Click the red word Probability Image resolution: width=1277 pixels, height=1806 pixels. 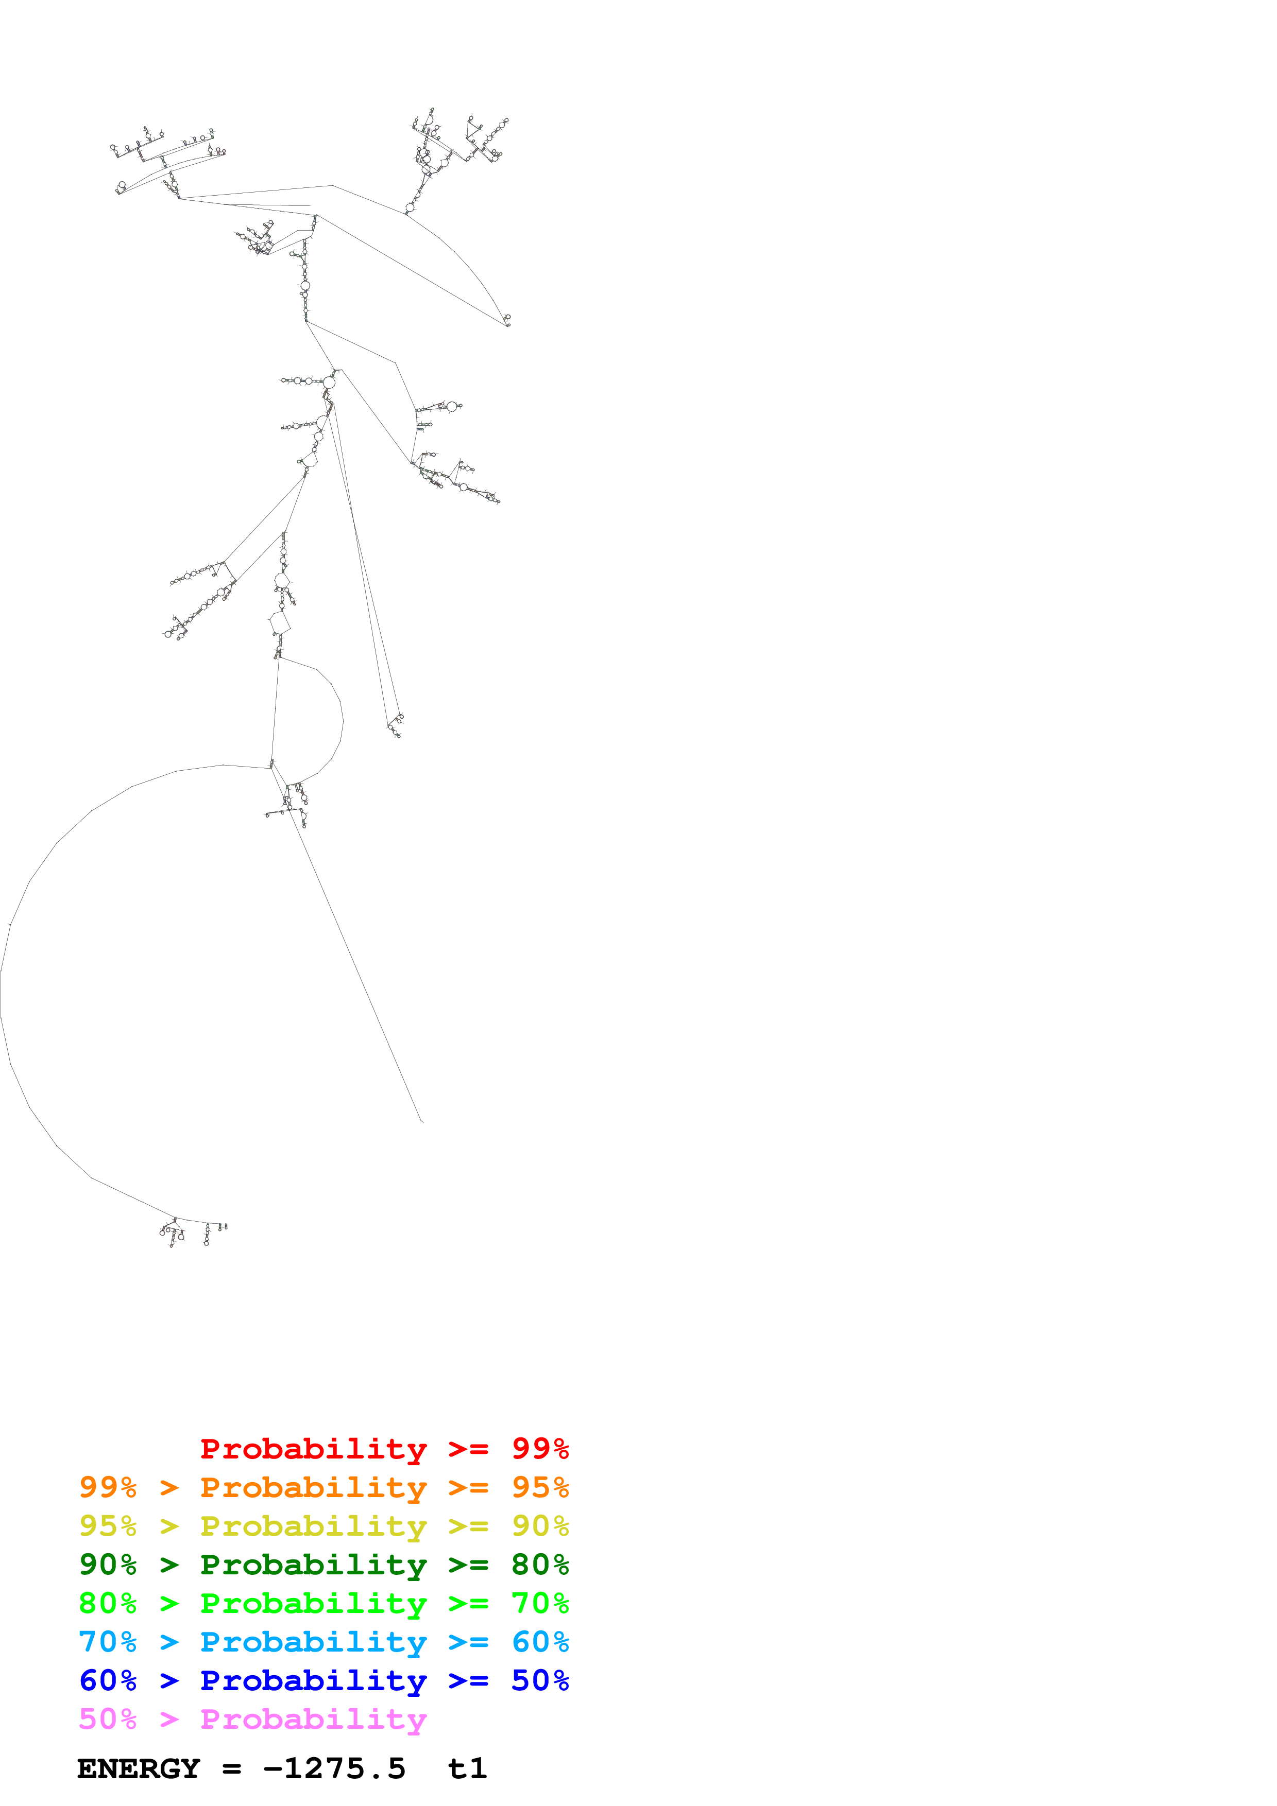coord(313,1449)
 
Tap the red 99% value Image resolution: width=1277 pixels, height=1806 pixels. coord(540,1449)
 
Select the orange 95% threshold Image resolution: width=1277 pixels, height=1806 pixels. coord(540,1487)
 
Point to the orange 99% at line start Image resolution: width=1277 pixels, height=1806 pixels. coord(108,1487)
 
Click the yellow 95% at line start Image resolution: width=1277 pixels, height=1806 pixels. coord(108,1526)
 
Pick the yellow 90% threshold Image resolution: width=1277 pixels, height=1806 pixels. coord(540,1526)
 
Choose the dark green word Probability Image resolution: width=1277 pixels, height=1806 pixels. coord(313,1565)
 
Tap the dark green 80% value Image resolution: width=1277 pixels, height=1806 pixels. coord(540,1565)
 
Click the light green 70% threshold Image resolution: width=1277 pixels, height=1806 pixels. coord(540,1603)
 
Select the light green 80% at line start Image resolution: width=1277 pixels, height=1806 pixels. coord(108,1603)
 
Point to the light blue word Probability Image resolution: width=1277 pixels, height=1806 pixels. coord(313,1642)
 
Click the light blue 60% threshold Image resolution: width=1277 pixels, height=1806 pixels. coord(540,1642)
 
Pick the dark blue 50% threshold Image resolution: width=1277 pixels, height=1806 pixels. coord(540,1680)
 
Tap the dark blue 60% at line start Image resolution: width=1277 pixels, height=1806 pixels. coord(108,1680)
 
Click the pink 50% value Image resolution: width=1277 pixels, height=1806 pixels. coord(108,1718)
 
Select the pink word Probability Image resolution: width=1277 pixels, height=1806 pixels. coord(313,1718)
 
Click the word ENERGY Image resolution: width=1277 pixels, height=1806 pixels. coord(139,1769)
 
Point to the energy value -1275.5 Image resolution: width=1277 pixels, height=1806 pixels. coord(334,1769)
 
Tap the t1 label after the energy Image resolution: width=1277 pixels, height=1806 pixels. coord(467,1769)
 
